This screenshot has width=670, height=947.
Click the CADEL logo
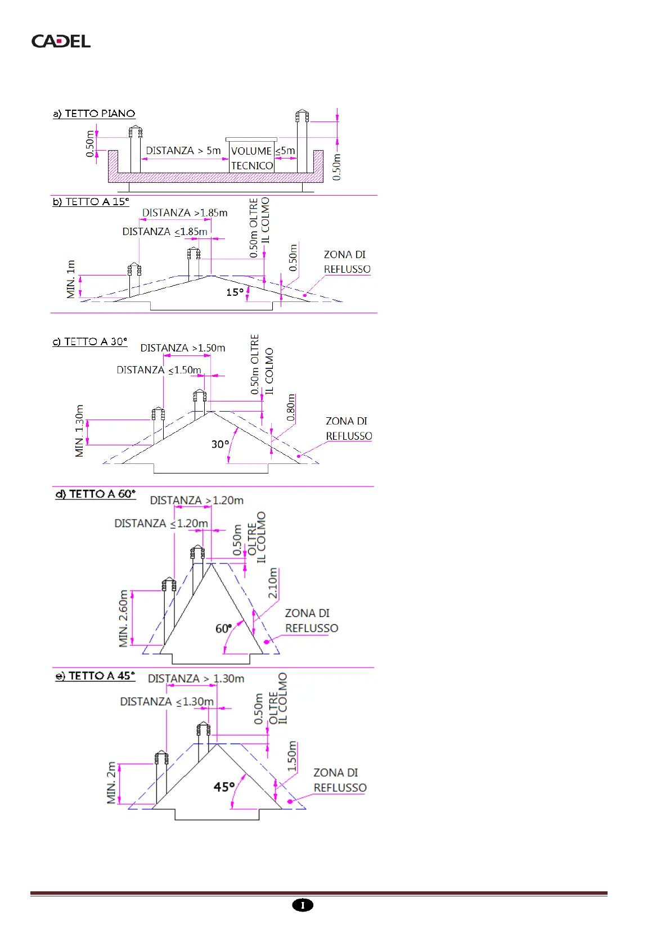pyautogui.click(x=61, y=41)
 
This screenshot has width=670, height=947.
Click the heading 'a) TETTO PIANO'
pyautogui.click(x=94, y=114)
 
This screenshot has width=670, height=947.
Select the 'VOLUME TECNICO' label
pyautogui.click(x=252, y=158)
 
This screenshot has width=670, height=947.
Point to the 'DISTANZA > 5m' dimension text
pyautogui.click(x=183, y=151)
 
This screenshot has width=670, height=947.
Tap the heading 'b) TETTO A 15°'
pyautogui.click(x=91, y=202)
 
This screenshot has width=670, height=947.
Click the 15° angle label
pyautogui.click(x=235, y=292)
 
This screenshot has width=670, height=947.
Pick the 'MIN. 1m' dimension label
pyautogui.click(x=71, y=279)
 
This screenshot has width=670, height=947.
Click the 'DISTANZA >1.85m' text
pyautogui.click(x=185, y=213)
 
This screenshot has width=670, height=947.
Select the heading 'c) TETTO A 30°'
pyautogui.click(x=90, y=342)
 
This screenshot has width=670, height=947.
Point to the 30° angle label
pyautogui.click(x=220, y=444)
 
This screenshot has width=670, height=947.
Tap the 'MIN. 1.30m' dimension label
pyautogui.click(x=79, y=431)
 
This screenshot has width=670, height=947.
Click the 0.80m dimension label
pyautogui.click(x=291, y=408)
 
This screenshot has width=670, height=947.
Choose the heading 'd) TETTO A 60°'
pyautogui.click(x=96, y=494)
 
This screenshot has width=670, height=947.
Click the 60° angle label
pyautogui.click(x=223, y=628)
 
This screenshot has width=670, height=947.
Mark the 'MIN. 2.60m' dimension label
pyautogui.click(x=124, y=619)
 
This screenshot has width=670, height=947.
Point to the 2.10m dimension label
pyautogui.click(x=273, y=584)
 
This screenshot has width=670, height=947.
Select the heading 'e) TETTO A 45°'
pyautogui.click(x=95, y=676)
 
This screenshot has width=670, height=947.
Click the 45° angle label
pyautogui.click(x=224, y=787)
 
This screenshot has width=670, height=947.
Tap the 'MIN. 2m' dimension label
pyautogui.click(x=111, y=783)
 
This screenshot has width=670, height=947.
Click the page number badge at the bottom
pyautogui.click(x=303, y=905)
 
